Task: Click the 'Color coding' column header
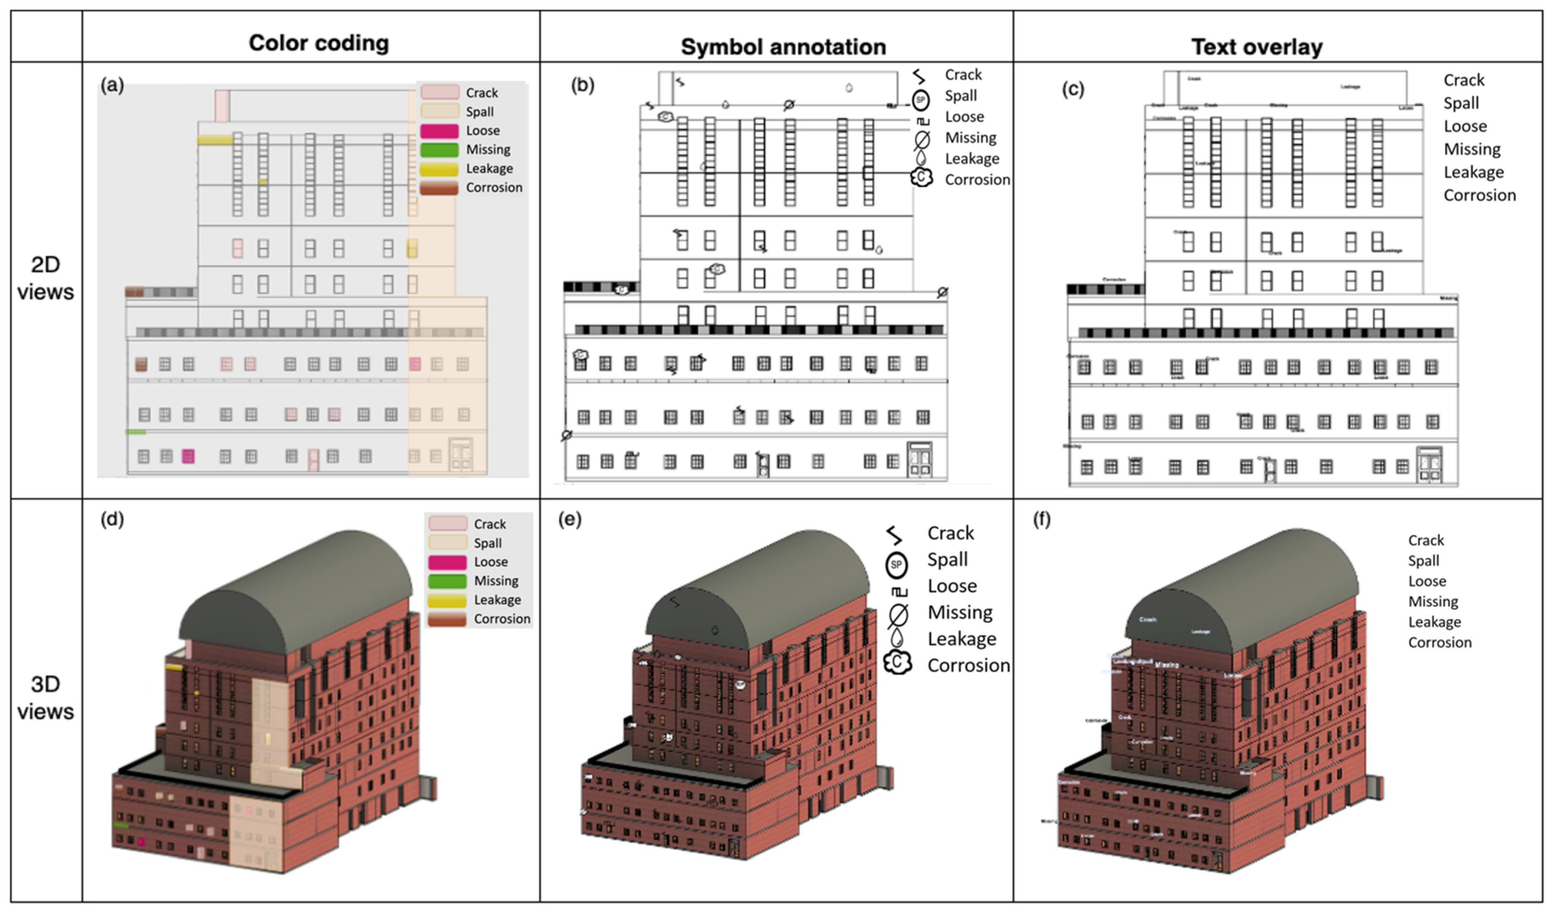pos(319,43)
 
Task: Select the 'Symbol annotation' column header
pos(783,46)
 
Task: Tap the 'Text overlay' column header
pos(1257,46)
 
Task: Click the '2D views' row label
pos(45,278)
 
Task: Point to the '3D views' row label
pos(45,698)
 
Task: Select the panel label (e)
pos(570,520)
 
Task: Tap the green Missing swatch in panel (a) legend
pos(439,150)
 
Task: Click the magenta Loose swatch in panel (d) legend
pos(447,562)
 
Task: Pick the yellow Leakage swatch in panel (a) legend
pos(439,169)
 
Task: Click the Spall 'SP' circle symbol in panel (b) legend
pos(920,100)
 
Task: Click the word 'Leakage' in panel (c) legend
pos(1473,172)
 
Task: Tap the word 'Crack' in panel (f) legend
pos(1426,540)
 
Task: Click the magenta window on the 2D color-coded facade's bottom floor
pos(188,457)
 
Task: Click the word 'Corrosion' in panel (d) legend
pos(502,619)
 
